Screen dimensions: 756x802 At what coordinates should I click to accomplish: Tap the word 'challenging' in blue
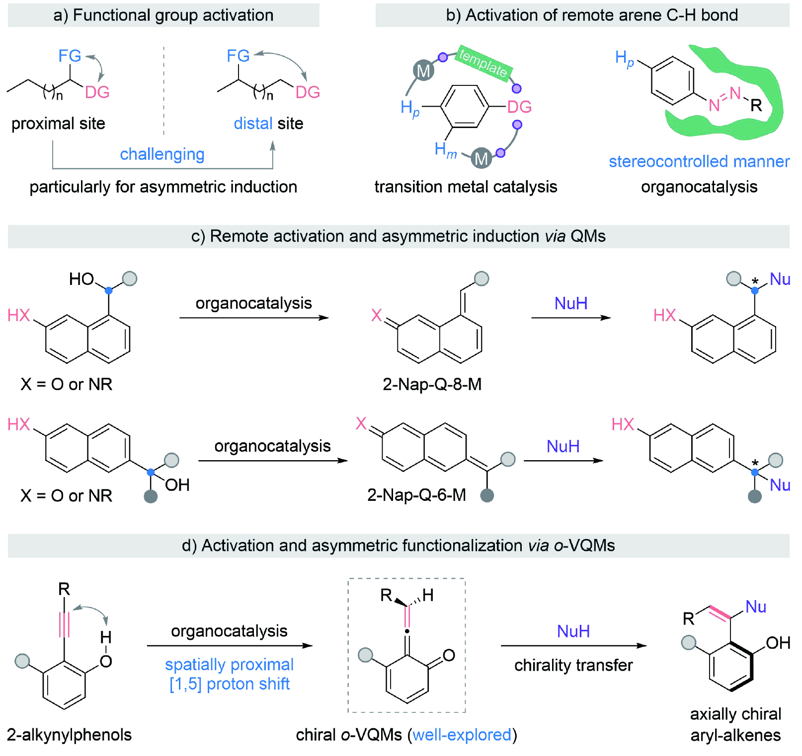(x=162, y=154)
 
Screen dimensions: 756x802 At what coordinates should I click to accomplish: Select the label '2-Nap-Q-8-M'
(x=432, y=384)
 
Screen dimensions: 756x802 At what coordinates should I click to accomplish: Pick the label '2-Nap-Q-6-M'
(x=416, y=495)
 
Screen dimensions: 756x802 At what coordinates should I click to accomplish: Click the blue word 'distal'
(x=253, y=123)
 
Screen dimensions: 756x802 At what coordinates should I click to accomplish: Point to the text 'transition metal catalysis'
(x=466, y=187)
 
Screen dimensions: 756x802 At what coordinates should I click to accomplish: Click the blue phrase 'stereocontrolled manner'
(x=699, y=161)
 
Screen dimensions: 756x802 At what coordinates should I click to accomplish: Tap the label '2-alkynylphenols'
(x=69, y=735)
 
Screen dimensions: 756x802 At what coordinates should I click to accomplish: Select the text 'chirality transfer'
(x=573, y=665)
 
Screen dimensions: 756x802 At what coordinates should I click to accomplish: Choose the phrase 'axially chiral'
(x=735, y=714)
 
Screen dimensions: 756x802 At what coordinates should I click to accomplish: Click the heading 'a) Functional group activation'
(x=163, y=15)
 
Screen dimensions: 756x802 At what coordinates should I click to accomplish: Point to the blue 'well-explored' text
(x=462, y=735)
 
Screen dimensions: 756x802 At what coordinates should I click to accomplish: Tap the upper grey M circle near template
(x=423, y=71)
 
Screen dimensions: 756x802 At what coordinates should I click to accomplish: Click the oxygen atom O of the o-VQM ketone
(x=449, y=655)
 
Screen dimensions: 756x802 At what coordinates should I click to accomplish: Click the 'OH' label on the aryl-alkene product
(x=778, y=643)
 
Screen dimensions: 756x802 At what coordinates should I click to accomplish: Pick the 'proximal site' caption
(x=58, y=123)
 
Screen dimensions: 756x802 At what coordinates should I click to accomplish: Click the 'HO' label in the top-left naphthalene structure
(x=81, y=279)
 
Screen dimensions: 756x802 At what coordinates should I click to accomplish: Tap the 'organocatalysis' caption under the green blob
(x=699, y=187)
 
